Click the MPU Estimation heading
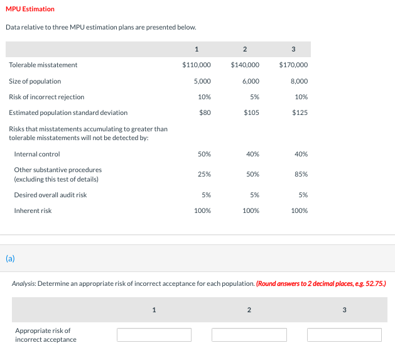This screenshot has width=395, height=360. click(x=30, y=9)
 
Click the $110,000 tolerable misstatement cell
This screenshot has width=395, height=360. click(x=196, y=65)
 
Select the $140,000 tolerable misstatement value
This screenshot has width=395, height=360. click(x=245, y=65)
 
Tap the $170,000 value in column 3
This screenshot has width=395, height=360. click(x=293, y=65)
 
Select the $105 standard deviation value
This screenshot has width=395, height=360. click(x=252, y=112)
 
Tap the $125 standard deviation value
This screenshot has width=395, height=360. click(x=300, y=112)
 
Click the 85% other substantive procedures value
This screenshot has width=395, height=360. click(x=301, y=174)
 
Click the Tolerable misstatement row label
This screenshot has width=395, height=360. click(x=43, y=65)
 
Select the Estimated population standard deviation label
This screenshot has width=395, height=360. click(x=68, y=112)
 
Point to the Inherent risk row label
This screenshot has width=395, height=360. click(x=33, y=210)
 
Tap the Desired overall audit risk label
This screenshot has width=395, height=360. click(x=50, y=195)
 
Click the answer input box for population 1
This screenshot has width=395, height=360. click(x=154, y=335)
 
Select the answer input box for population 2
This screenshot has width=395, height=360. click(x=249, y=335)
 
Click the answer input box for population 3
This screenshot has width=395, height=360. click(x=344, y=335)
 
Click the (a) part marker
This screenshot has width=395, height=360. click(x=10, y=258)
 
